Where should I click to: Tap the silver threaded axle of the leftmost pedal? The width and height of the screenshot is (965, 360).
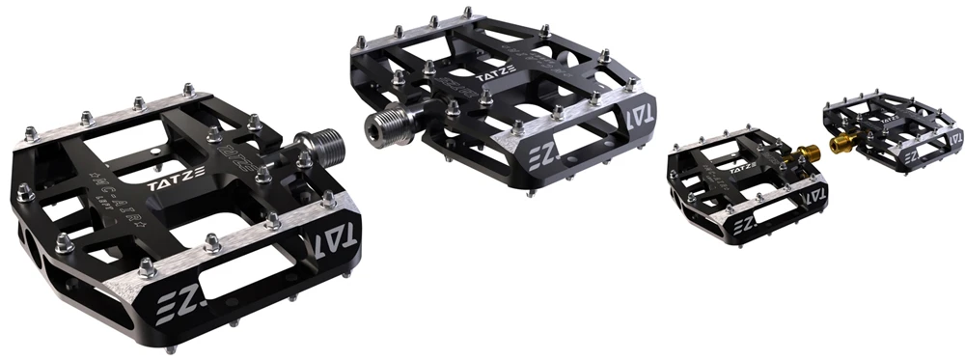click(318, 147)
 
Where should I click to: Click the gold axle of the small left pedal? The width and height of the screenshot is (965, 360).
click(804, 152)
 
